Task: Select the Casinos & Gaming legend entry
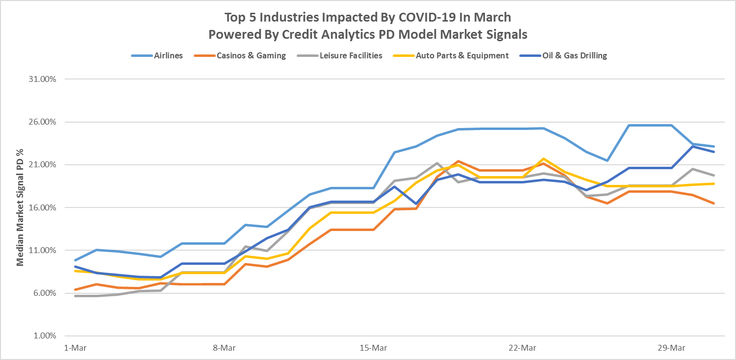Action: tap(251, 55)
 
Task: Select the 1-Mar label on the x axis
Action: tap(74, 348)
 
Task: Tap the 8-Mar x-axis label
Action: tap(224, 348)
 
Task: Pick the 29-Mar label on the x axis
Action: tap(671, 348)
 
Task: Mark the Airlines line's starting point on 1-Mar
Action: tap(75, 260)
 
